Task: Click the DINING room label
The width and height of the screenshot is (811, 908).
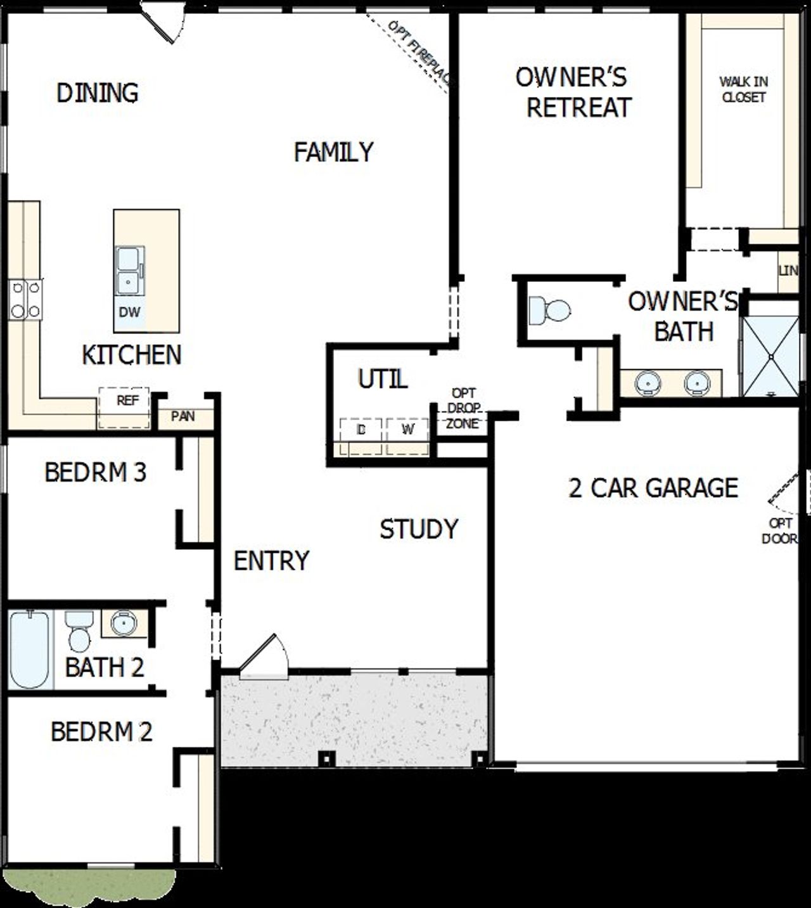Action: pyautogui.click(x=98, y=93)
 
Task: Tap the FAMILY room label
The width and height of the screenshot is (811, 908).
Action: pyautogui.click(x=333, y=152)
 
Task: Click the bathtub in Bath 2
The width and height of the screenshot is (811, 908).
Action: pyautogui.click(x=29, y=649)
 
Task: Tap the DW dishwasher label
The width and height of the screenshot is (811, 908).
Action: pyautogui.click(x=129, y=312)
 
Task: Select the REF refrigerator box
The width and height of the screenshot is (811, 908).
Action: pyautogui.click(x=124, y=407)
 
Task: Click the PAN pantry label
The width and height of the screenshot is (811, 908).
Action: pyautogui.click(x=183, y=417)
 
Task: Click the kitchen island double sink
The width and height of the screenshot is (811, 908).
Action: pyautogui.click(x=129, y=271)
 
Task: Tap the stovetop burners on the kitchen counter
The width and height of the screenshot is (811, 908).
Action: pyautogui.click(x=25, y=300)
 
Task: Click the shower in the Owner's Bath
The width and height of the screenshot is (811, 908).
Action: pyautogui.click(x=770, y=357)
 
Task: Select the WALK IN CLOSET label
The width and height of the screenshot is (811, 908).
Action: pyautogui.click(x=744, y=89)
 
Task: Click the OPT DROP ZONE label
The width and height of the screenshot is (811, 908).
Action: pyautogui.click(x=463, y=409)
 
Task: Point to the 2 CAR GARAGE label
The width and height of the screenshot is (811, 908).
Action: pyautogui.click(x=653, y=488)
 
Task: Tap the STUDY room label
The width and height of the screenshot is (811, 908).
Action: pyautogui.click(x=419, y=529)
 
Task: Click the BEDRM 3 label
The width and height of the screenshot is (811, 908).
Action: pyautogui.click(x=95, y=473)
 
